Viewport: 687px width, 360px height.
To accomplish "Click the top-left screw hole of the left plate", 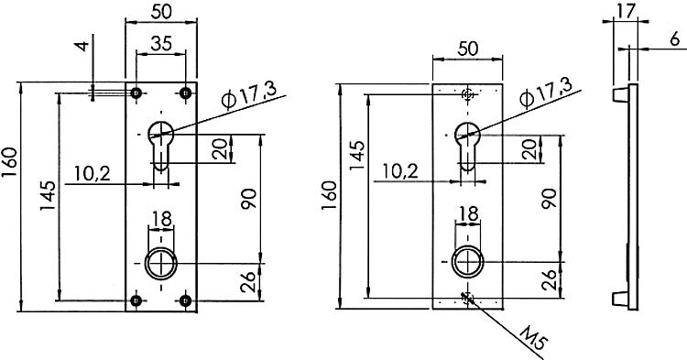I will [136, 93].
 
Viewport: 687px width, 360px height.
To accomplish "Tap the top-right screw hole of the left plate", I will [187, 93].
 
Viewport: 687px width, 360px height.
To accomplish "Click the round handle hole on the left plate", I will [161, 264].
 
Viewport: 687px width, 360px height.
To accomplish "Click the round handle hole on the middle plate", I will [467, 264].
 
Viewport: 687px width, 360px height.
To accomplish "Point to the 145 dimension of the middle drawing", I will [356, 158].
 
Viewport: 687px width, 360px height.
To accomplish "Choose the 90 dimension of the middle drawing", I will [547, 199].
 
